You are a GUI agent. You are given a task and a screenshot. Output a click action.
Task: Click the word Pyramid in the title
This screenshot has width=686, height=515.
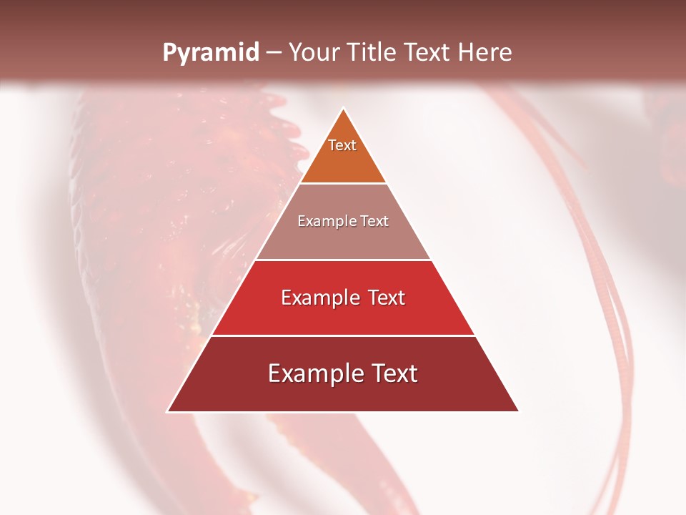(x=210, y=53)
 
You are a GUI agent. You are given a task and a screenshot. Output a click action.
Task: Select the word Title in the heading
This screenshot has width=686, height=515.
(x=374, y=53)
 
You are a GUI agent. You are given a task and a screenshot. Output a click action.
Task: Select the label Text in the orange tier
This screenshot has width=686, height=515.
(x=342, y=145)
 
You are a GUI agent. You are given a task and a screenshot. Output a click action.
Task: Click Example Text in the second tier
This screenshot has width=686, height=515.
(x=343, y=221)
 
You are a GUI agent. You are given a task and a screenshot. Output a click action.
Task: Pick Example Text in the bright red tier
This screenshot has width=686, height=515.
(x=343, y=298)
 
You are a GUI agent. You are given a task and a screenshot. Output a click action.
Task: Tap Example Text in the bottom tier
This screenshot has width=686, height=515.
(x=343, y=373)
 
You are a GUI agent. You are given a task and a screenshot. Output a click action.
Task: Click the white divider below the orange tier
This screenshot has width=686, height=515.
(x=343, y=184)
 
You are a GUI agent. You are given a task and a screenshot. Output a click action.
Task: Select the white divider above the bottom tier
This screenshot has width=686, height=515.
(x=343, y=335)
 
